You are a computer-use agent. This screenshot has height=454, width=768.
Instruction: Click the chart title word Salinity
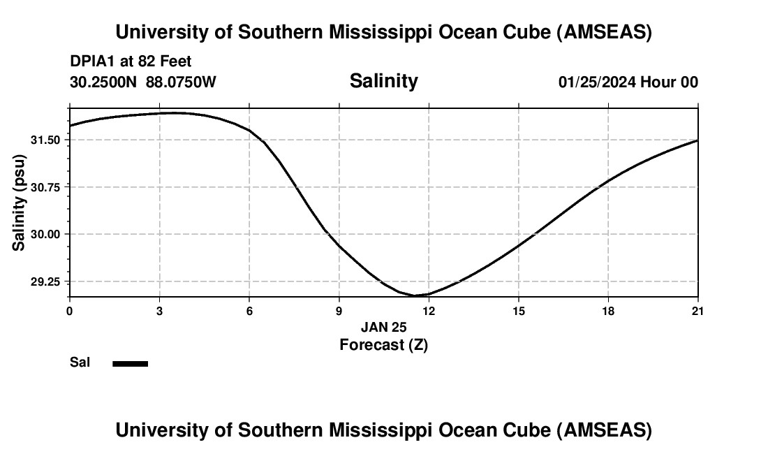point(383,81)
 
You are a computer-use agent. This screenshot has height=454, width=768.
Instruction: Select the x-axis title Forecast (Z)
point(383,344)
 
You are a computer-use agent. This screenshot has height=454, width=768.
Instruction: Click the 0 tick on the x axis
point(70,311)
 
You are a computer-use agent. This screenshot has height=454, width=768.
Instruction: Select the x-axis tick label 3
point(160,311)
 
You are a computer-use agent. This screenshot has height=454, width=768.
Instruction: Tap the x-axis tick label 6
point(249,311)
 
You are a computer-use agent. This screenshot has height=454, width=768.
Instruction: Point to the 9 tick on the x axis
point(339,311)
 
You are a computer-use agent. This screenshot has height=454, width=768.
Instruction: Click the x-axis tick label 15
point(519,311)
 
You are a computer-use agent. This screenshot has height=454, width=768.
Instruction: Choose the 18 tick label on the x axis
point(608,311)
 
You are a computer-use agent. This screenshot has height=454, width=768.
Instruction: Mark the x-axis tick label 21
point(698,311)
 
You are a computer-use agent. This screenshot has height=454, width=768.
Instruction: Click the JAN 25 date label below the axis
point(383,327)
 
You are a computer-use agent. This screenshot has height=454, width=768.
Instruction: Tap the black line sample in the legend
point(131,363)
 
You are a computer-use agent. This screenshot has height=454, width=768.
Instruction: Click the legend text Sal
point(80,363)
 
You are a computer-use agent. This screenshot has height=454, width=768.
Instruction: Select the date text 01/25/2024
point(597,82)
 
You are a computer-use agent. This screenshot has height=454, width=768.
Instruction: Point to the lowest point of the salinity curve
point(414,295)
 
